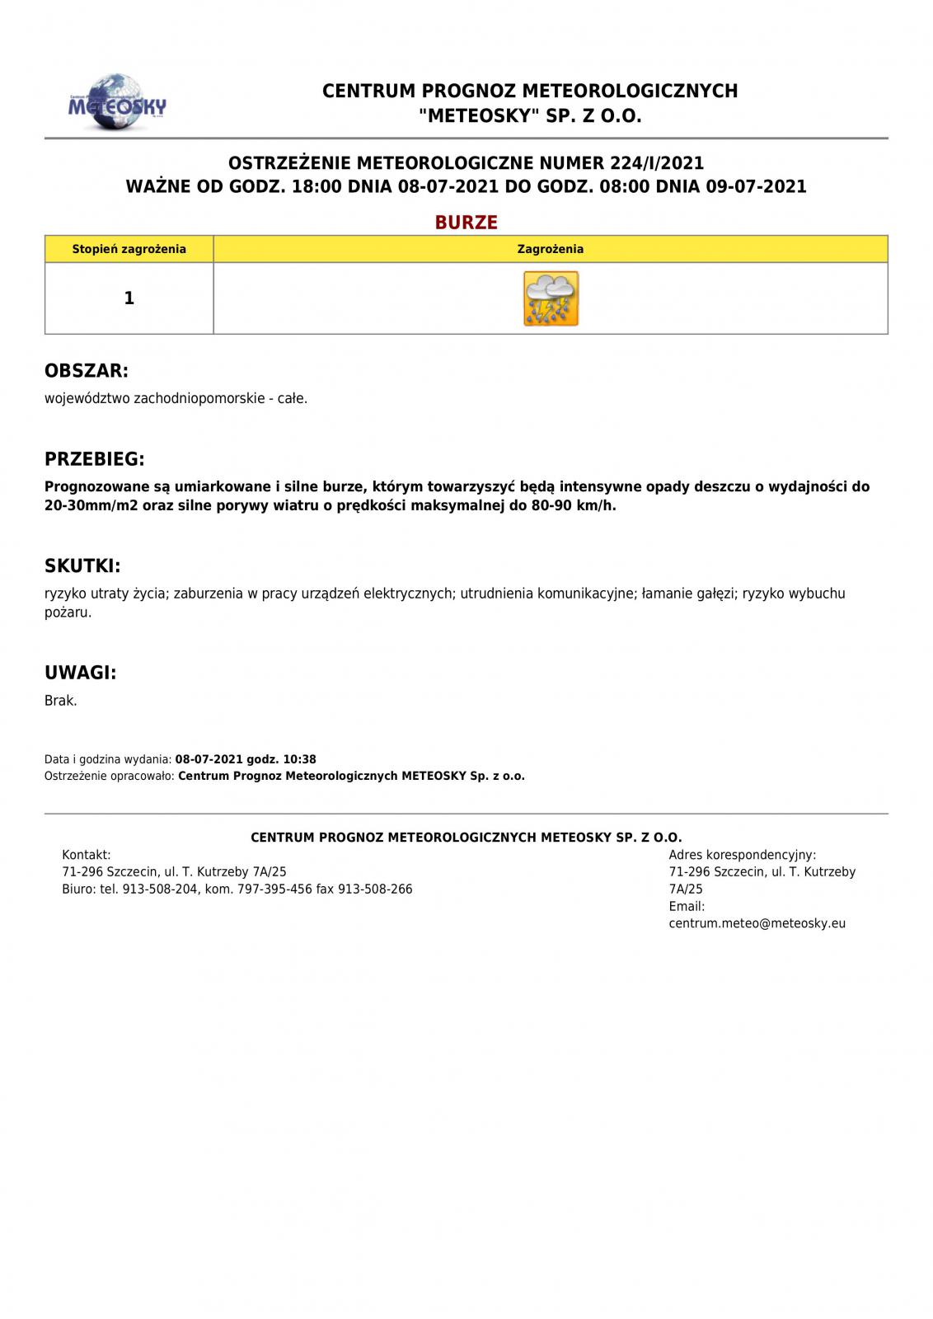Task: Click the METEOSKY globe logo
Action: click(116, 103)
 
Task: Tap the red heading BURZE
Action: click(466, 223)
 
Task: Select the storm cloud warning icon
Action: click(551, 298)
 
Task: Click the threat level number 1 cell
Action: click(129, 298)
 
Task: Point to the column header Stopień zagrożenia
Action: click(129, 249)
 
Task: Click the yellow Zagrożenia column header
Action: click(551, 249)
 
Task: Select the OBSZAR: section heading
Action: click(87, 371)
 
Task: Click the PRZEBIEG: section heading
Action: click(94, 459)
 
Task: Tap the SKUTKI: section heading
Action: click(82, 566)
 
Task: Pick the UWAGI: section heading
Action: click(80, 673)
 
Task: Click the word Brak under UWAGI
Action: click(60, 701)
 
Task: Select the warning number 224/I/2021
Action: click(657, 162)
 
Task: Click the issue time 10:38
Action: click(299, 759)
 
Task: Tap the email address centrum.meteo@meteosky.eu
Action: click(757, 923)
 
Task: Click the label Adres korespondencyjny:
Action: click(742, 855)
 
